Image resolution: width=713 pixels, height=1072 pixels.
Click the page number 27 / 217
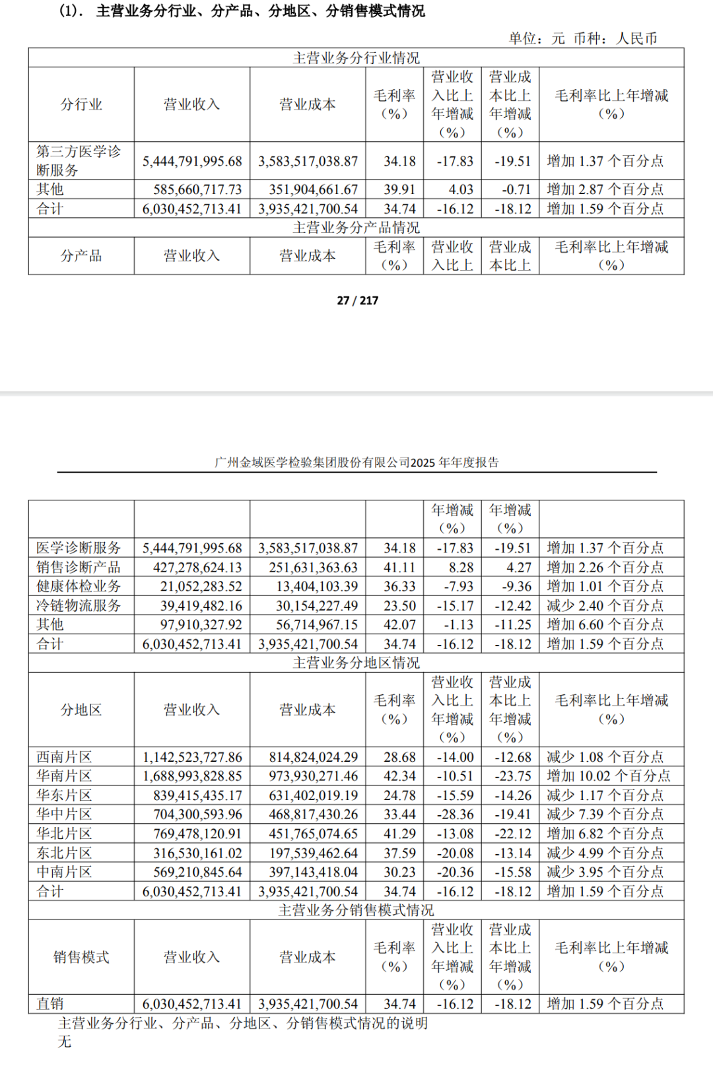(357, 300)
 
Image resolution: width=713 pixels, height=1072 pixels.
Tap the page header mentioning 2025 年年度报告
(356, 462)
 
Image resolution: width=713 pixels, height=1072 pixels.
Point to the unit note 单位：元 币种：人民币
(582, 38)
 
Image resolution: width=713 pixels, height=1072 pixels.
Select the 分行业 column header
(81, 104)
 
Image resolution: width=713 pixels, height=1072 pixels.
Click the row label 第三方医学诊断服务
(79, 160)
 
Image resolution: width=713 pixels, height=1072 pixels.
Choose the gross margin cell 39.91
(399, 189)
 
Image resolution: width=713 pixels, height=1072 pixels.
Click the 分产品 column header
(81, 255)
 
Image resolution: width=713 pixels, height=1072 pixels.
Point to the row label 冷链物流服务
(79, 605)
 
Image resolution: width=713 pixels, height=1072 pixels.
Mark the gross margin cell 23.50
(399, 605)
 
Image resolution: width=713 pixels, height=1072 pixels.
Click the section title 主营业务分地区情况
(356, 663)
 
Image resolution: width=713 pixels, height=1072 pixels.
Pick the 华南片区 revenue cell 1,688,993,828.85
(192, 776)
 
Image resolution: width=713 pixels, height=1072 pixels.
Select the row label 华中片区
(64, 814)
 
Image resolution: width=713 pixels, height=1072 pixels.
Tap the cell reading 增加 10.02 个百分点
(608, 776)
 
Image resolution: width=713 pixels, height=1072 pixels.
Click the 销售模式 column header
(81, 956)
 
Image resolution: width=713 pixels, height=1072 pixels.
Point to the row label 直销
(50, 1004)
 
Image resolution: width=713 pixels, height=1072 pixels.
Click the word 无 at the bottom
(64, 1042)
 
